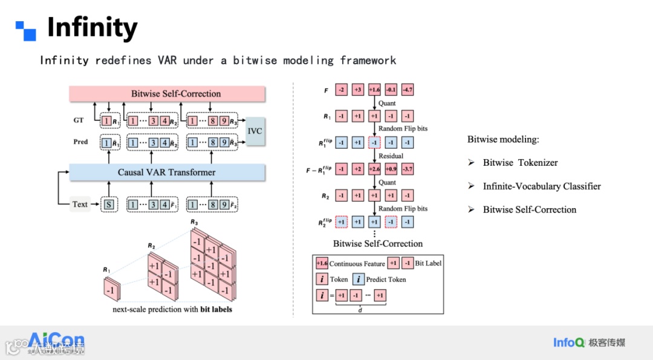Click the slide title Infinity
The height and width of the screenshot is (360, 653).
[92, 28]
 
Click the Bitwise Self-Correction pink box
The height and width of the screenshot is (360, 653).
[167, 94]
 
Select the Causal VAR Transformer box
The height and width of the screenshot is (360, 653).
[167, 172]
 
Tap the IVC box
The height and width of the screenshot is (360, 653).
[255, 131]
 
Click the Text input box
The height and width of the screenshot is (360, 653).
[80, 205]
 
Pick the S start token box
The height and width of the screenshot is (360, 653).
[109, 205]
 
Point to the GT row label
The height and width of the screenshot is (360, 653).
[79, 120]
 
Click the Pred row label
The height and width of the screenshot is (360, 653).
[80, 142]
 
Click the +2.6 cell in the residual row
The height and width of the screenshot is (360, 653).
[374, 169]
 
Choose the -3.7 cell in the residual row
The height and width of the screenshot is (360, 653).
[408, 169]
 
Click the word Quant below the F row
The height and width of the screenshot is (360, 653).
[387, 103]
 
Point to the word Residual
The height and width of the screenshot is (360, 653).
[391, 156]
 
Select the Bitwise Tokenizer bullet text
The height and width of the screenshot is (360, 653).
[520, 163]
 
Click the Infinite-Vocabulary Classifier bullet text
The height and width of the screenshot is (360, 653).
[542, 186]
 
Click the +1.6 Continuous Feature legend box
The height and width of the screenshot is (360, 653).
[322, 263]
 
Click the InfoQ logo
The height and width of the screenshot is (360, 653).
[568, 342]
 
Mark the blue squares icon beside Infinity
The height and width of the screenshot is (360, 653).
[26, 31]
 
